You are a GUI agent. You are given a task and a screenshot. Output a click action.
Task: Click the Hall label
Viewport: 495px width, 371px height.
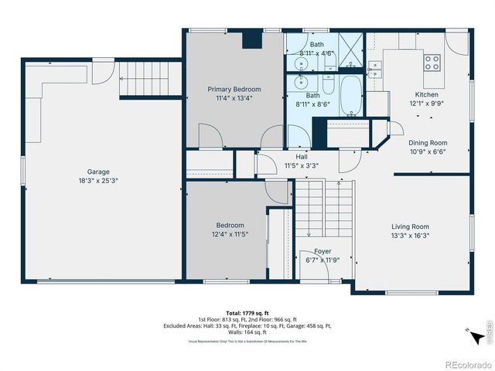tap(301, 156)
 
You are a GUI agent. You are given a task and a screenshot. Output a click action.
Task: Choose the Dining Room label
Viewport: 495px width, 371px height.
tap(428, 142)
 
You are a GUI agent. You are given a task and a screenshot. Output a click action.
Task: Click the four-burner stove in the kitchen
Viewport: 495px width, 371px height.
tap(432, 60)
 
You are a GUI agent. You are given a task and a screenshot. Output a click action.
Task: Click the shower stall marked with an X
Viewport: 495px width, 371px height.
tap(351, 51)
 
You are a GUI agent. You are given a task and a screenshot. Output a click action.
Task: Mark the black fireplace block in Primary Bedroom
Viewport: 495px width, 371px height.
tap(251, 41)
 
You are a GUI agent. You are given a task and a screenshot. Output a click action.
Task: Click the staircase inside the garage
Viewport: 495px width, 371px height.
tap(144, 77)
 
